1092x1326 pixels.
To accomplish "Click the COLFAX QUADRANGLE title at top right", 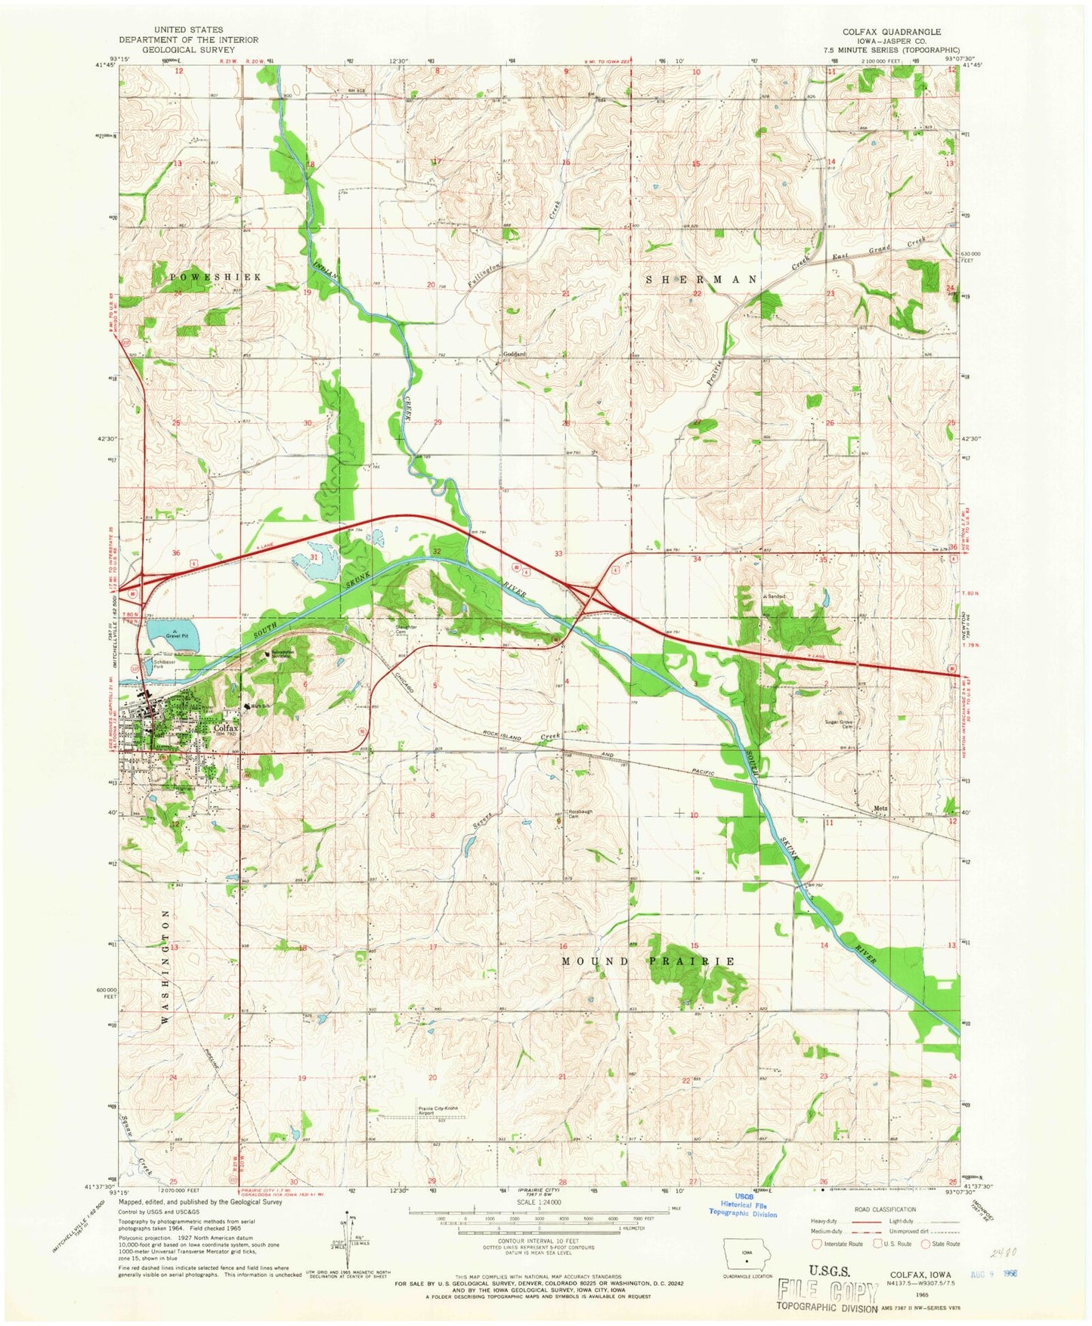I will (x=892, y=32).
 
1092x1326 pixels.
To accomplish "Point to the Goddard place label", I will (x=515, y=354).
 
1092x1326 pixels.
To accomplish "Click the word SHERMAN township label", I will (x=701, y=279).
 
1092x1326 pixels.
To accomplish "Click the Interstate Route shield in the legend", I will (x=816, y=1244).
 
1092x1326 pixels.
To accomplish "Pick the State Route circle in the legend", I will (x=924, y=1244).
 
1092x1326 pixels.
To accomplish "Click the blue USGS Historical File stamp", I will (x=742, y=1213).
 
